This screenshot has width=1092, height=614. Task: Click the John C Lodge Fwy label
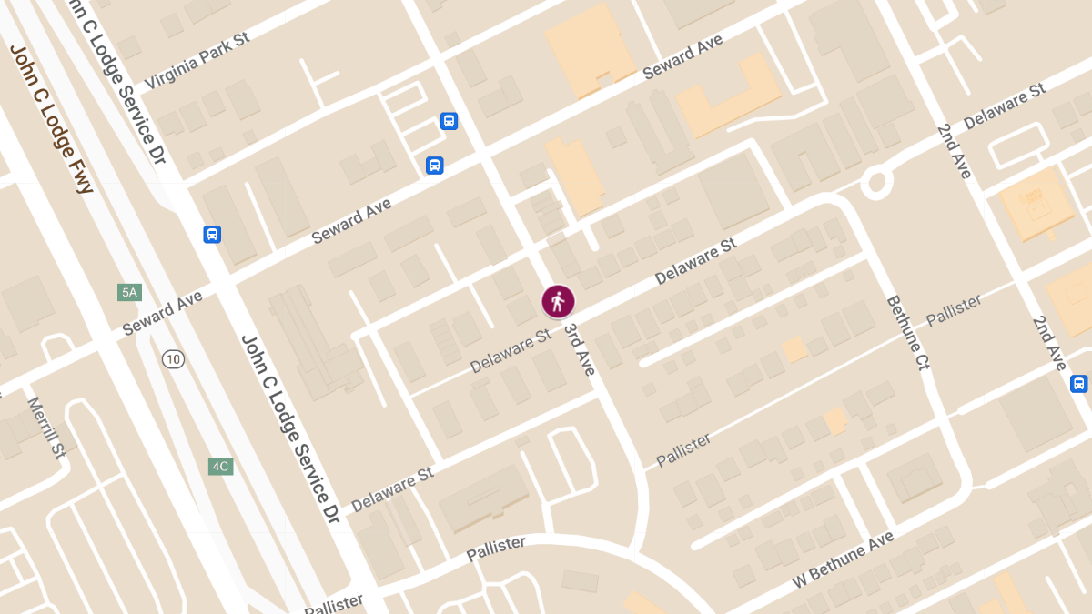pos(53,118)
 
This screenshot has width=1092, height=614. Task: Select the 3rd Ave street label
pos(579,349)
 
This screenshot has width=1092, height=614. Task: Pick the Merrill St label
pos(45,427)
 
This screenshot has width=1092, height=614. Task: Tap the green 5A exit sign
pos(129,292)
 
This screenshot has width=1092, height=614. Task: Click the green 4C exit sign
pos(220,467)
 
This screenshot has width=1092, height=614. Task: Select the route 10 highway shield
pos(174,359)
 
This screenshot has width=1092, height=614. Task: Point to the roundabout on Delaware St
pos(876,183)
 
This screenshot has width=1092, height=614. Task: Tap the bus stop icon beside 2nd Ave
pos(1079,383)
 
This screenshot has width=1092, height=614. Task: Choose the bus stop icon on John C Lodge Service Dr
pos(212,234)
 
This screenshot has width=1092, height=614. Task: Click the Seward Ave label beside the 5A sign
pos(162,313)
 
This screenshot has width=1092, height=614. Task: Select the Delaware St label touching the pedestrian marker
pos(511,351)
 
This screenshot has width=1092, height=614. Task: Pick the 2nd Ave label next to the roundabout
pos(955,151)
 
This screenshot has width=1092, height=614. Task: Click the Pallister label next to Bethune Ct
pos(954,310)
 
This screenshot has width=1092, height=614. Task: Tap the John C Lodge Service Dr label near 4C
pos(289,428)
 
